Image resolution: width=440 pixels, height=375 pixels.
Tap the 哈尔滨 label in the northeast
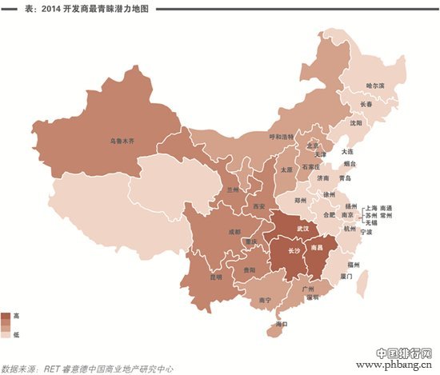point(375,85)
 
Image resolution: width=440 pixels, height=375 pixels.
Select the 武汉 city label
point(302,229)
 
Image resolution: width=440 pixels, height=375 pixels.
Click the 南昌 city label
point(328,249)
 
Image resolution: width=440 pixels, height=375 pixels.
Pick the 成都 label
point(233,232)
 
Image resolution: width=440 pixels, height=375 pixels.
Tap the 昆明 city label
point(215,277)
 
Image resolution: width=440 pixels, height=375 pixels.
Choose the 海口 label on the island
point(280,325)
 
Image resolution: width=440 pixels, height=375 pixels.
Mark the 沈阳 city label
point(356,124)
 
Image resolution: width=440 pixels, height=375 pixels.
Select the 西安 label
point(258,205)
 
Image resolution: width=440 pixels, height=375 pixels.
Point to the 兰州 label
point(233,190)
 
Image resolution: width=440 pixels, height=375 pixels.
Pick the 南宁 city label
point(266,299)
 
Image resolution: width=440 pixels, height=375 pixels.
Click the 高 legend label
point(16,316)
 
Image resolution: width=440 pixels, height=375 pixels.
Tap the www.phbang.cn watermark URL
point(395,366)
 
